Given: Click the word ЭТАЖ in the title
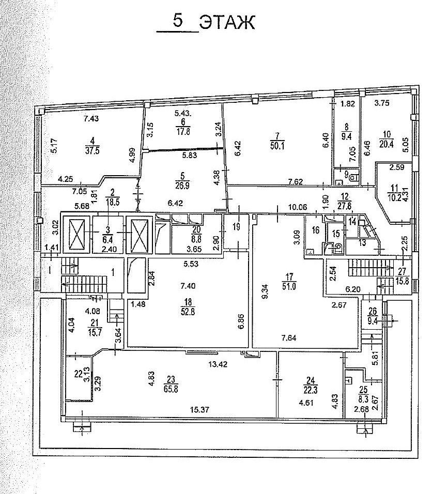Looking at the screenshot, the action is click(x=227, y=22).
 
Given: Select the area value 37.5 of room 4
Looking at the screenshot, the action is click(x=92, y=150).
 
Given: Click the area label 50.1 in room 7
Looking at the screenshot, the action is click(x=277, y=146).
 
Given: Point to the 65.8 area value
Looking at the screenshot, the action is click(x=171, y=389).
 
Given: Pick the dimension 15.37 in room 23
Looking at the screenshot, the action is click(x=200, y=410).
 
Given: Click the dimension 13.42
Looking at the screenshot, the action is click(x=218, y=364).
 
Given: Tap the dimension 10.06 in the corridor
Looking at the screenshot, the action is click(x=298, y=207).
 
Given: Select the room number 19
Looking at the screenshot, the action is click(x=236, y=226).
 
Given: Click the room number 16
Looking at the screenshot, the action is click(x=315, y=230).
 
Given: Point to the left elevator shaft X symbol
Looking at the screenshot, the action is click(x=77, y=235).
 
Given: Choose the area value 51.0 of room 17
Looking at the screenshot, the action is click(x=289, y=287).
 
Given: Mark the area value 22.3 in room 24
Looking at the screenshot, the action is click(x=311, y=390).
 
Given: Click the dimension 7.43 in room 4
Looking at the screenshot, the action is click(x=91, y=118).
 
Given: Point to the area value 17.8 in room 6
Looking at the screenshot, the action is click(x=183, y=131).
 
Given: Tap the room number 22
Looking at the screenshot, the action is click(x=78, y=374).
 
